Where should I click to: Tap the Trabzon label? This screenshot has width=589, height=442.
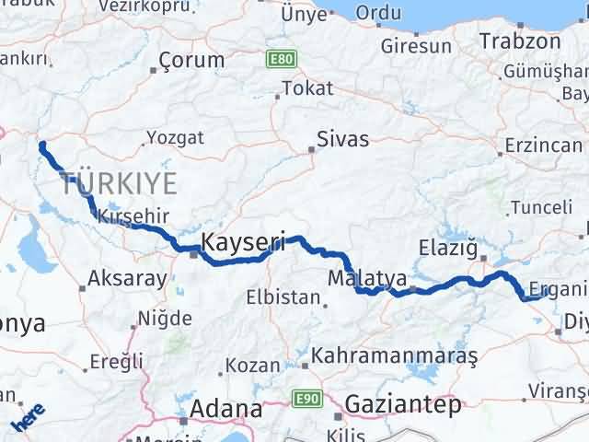(520, 41)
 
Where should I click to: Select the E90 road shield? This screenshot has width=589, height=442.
(306, 397)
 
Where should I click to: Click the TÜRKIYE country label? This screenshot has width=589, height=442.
(120, 183)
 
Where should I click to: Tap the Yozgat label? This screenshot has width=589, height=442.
(174, 138)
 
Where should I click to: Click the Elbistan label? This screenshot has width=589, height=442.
(283, 297)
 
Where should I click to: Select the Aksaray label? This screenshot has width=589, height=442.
(127, 277)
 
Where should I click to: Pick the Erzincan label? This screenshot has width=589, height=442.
(543, 145)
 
